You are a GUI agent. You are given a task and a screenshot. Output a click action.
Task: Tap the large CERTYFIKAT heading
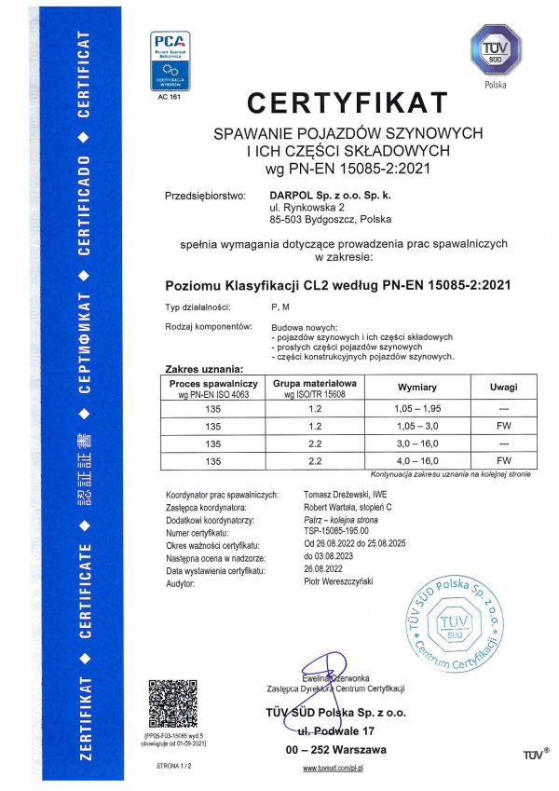click(x=347, y=101)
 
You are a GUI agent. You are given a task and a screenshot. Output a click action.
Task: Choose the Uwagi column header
click(x=502, y=387)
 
